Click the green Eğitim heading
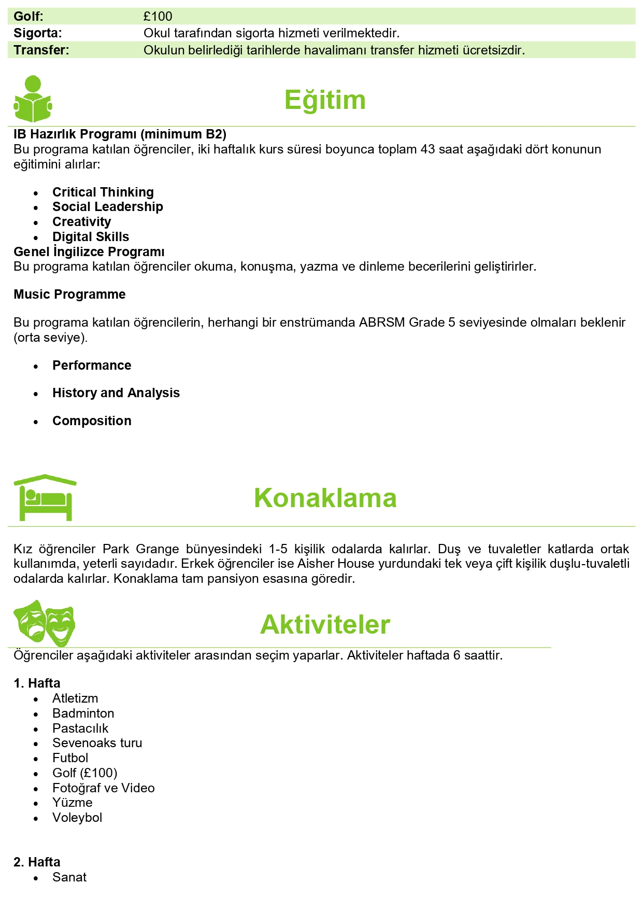325,100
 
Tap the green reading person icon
33,100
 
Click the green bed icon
45,498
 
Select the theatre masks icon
45,623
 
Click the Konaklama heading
325,498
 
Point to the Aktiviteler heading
325,625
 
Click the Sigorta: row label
38,33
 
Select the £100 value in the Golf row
158,17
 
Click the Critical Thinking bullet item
103,192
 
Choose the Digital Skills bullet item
91,237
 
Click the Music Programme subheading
69,295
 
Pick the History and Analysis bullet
116,393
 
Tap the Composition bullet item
92,421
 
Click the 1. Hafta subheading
37,683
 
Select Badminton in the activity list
83,713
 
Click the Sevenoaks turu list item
97,743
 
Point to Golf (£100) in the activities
85,773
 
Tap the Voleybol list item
77,818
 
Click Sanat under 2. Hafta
69,877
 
